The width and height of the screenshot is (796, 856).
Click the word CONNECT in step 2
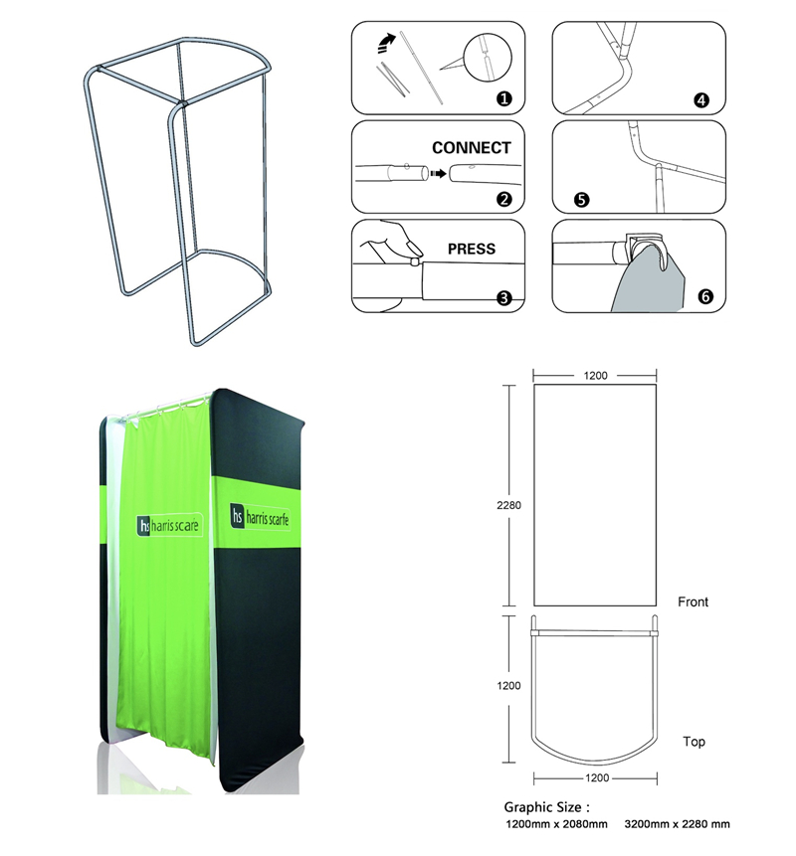pyautogui.click(x=471, y=148)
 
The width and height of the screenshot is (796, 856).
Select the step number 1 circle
pyautogui.click(x=504, y=98)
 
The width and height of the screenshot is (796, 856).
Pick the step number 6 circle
pyautogui.click(x=705, y=296)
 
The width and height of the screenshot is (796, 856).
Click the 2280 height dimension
pyautogui.click(x=509, y=505)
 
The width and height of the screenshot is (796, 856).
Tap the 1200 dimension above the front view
pyautogui.click(x=596, y=376)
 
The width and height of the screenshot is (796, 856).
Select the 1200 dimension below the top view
pyautogui.click(x=595, y=778)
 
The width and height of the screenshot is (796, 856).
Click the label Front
pyautogui.click(x=693, y=602)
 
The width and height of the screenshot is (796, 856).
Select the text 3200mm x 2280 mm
pyautogui.click(x=677, y=824)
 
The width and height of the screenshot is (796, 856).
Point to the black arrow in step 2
pyautogui.click(x=433, y=172)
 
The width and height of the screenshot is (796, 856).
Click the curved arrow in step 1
pyautogui.click(x=382, y=43)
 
